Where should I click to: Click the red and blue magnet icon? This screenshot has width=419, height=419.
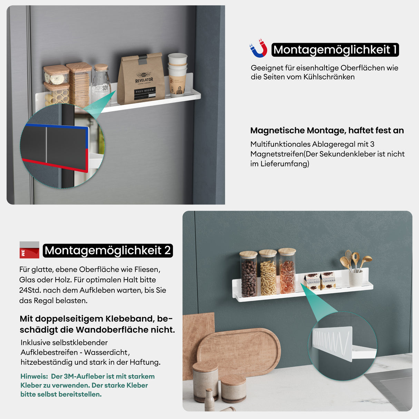point(259,49)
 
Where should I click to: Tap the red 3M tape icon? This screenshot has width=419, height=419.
point(29,250)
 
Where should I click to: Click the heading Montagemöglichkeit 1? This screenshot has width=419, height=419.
point(335,50)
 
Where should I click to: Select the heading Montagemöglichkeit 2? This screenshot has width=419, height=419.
point(108,250)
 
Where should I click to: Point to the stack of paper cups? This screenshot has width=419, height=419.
point(177,74)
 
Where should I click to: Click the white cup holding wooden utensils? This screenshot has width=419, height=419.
point(355,277)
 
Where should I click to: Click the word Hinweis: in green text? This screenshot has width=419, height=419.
point(34,376)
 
